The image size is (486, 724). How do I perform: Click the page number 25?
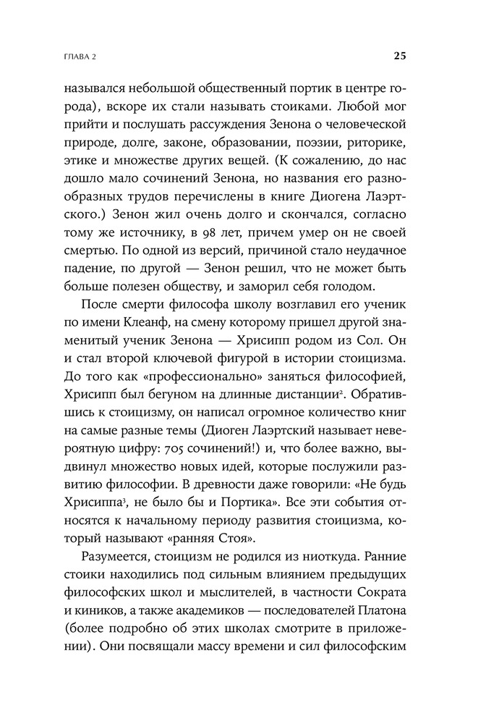(400, 56)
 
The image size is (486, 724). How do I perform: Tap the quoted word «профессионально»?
(213, 391)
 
